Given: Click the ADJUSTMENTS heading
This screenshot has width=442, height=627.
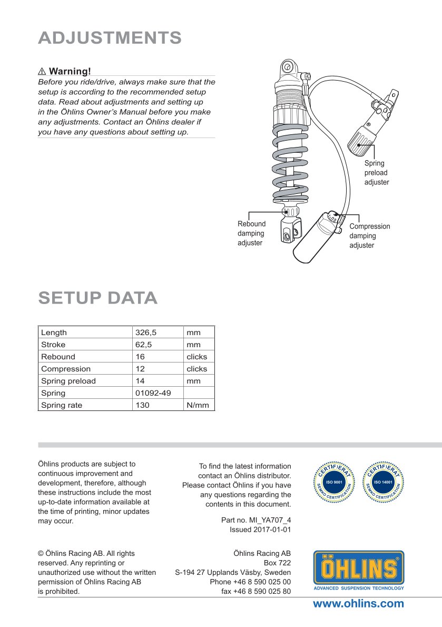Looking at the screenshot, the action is coord(110,38).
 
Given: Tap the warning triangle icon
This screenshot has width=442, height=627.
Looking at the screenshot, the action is coord(42,72).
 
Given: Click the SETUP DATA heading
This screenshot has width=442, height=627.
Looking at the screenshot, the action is coord(98,298).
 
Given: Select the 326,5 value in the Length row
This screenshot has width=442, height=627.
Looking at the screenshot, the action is coord(146,332).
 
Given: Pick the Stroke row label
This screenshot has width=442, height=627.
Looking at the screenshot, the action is coord(53,345).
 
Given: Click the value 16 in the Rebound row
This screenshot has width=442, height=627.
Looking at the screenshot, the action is coord(140,357).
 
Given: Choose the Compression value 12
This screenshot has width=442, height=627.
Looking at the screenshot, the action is coord(140,369).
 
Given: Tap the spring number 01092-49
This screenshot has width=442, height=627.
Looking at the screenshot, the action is coord(153,393).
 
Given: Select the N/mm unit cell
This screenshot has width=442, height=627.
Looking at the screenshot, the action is coord(198,405).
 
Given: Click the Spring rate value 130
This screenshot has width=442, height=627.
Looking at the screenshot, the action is coord(142,405).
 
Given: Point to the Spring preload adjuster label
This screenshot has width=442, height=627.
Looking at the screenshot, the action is coord(377,173).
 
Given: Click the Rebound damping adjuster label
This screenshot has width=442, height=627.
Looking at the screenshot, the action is coord(251,233).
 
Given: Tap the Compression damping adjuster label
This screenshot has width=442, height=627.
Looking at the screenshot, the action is coord(370,236).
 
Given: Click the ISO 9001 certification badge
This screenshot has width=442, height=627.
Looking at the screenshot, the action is coord(334,482).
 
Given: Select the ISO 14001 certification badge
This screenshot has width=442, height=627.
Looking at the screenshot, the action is coord(383,482).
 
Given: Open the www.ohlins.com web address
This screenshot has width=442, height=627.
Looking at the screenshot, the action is coord(358,604).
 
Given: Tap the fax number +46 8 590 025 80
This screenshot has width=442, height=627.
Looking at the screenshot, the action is coord(262,591).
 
